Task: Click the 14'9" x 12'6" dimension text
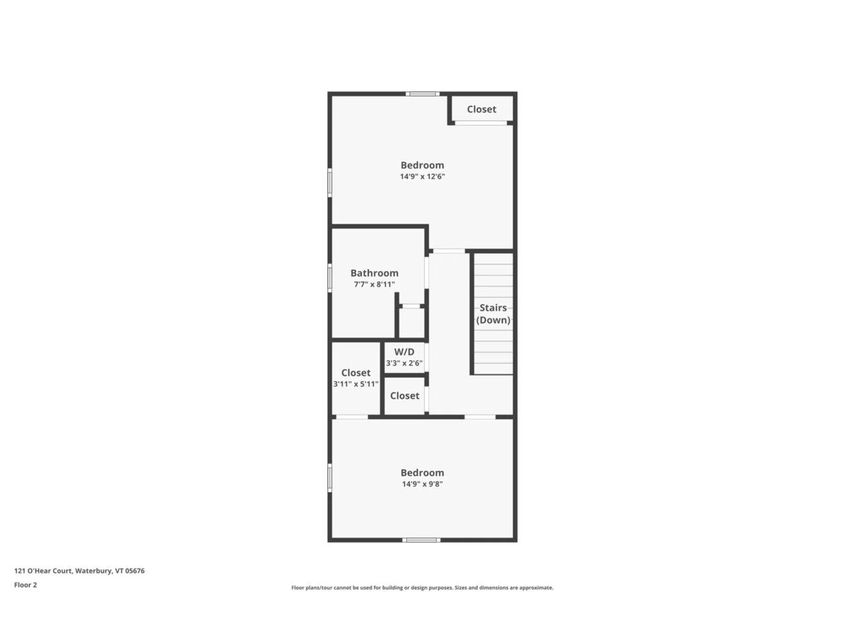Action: tap(422, 177)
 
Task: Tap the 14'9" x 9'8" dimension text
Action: tap(422, 484)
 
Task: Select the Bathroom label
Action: tap(374, 273)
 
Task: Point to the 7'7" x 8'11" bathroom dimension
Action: tap(374, 284)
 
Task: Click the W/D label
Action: tap(404, 352)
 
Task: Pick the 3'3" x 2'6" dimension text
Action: tap(404, 363)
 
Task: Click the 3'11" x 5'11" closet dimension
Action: tap(356, 384)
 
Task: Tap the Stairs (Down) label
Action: tap(493, 314)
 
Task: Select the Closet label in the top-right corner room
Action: tap(481, 109)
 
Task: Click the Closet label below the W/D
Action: tap(404, 396)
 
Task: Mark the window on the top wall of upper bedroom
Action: tap(422, 94)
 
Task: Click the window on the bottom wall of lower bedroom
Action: tap(421, 540)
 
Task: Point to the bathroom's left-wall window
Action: tap(330, 278)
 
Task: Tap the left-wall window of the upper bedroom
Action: tap(330, 183)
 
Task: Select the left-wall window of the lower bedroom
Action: tap(330, 478)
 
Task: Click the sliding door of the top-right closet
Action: tap(481, 123)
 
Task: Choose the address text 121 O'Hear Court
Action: tap(79, 571)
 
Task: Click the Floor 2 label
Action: tap(26, 585)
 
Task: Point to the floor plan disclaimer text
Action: tap(422, 587)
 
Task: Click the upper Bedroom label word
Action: tap(422, 165)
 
